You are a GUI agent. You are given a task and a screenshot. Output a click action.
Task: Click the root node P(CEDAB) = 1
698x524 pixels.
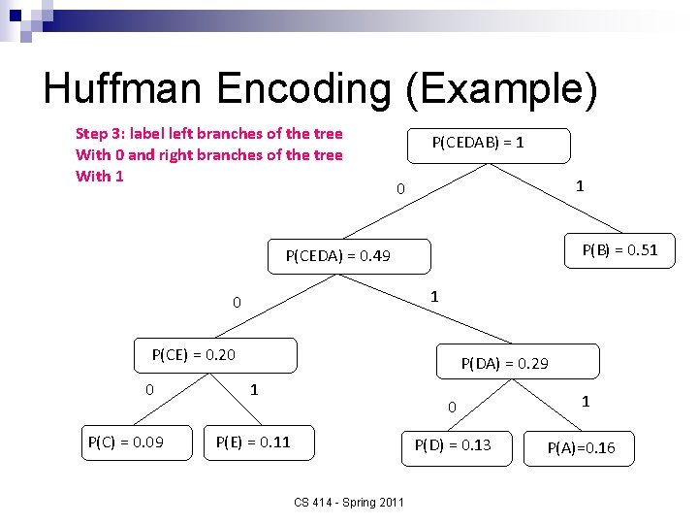[479, 144]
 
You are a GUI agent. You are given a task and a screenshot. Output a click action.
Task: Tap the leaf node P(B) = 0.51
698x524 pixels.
[619, 250]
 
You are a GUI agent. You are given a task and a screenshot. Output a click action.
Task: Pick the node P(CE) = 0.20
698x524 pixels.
[194, 355]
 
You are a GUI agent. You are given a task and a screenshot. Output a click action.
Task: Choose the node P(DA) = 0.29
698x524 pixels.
[504, 363]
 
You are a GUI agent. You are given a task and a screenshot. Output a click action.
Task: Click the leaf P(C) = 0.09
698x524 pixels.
[125, 443]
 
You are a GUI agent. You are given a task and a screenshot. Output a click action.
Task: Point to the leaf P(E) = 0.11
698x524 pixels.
[253, 443]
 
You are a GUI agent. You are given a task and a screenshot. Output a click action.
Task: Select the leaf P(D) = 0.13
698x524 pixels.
[453, 445]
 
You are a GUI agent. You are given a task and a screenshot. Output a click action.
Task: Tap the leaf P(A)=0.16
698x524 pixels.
[581, 447]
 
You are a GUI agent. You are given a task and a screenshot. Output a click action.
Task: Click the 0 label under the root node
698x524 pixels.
[400, 188]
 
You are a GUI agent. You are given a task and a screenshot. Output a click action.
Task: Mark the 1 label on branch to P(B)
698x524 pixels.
[579, 185]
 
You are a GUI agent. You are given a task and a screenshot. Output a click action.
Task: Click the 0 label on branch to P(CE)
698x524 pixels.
[237, 303]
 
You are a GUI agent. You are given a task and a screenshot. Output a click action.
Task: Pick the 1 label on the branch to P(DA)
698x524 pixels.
[434, 296]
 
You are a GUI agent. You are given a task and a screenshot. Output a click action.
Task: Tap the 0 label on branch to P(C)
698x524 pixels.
[149, 390]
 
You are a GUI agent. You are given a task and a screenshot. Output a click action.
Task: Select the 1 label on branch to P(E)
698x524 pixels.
[254, 390]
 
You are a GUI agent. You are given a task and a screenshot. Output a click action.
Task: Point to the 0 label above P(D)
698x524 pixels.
[451, 408]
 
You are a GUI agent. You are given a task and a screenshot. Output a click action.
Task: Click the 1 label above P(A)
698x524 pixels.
[585, 400]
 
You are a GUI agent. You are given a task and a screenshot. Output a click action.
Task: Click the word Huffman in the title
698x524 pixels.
[124, 89]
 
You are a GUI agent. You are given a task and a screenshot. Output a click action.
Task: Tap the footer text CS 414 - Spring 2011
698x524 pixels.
[349, 502]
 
